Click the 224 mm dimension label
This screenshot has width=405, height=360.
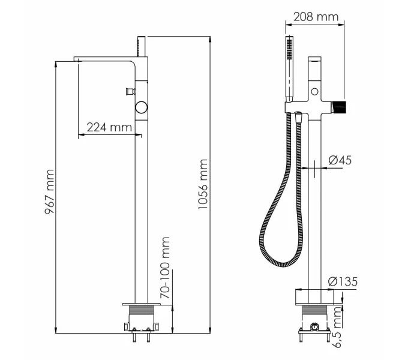(x=109, y=127)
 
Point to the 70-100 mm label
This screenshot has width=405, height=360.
(x=165, y=268)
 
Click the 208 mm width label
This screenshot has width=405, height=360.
(x=316, y=16)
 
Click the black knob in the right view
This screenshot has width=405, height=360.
(x=340, y=107)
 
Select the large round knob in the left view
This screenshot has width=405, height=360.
(x=142, y=107)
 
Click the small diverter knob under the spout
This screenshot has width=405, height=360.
(x=128, y=91)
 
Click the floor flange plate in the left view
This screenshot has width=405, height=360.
(x=142, y=302)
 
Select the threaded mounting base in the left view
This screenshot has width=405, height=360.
(x=142, y=313)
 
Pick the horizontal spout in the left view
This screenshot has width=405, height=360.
(x=105, y=59)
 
